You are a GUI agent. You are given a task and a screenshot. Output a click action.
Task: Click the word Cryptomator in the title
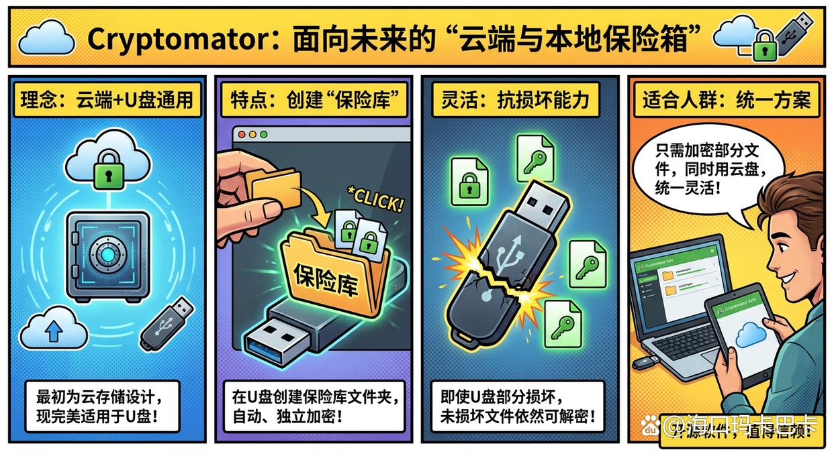pos(176,38)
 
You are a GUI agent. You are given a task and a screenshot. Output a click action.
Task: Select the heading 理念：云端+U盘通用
pos(107,100)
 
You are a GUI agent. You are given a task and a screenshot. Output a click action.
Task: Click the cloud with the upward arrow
pos(54,329)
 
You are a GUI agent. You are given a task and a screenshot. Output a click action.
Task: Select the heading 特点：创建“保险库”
pos(314,100)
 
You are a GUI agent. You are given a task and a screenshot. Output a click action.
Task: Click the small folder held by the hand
pos(273,186)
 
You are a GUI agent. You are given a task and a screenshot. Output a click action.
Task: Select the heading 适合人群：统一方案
pos(727,100)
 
